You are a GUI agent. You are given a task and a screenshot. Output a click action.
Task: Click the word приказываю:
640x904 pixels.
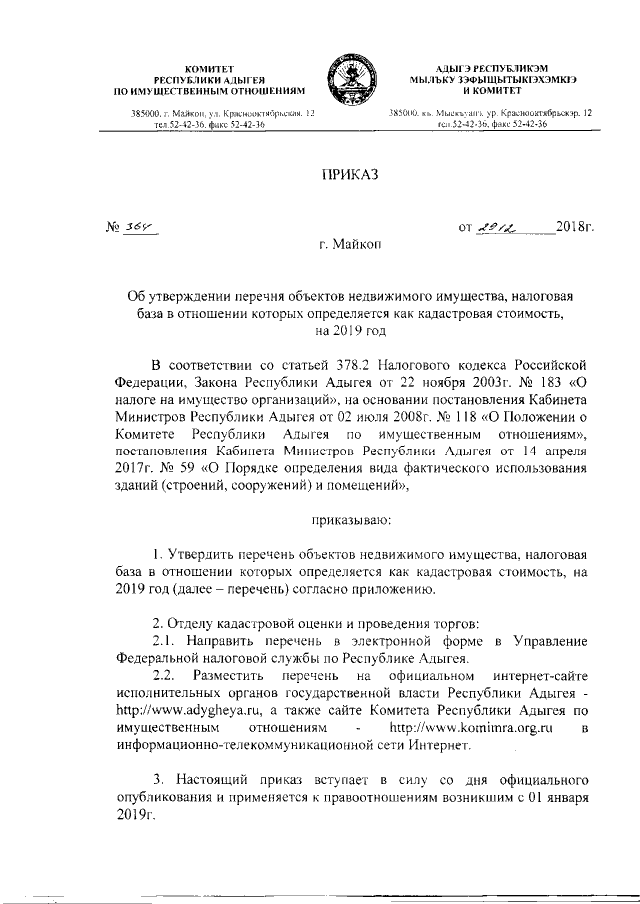click(349, 519)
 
